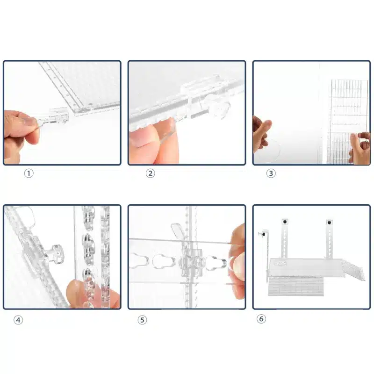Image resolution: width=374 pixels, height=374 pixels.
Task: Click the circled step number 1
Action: coord(29,173)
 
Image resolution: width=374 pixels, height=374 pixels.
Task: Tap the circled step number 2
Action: coord(150,173)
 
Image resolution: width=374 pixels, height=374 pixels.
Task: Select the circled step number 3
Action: coord(271,173)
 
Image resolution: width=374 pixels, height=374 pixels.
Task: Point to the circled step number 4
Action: coord(18,320)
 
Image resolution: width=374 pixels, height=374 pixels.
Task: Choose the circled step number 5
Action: coord(143,320)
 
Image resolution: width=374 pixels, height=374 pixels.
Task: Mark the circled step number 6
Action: coord(261,319)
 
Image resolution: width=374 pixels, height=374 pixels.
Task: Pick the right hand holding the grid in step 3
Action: coord(360,148)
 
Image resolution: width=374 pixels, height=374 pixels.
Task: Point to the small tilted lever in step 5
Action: coord(177,230)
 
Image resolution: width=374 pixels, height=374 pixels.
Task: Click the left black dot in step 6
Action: coord(285,222)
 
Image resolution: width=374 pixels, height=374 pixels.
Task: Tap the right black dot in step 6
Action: coord(330,223)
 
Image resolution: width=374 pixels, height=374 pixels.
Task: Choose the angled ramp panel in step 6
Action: coord(353,270)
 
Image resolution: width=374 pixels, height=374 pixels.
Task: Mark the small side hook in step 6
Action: coord(264,233)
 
